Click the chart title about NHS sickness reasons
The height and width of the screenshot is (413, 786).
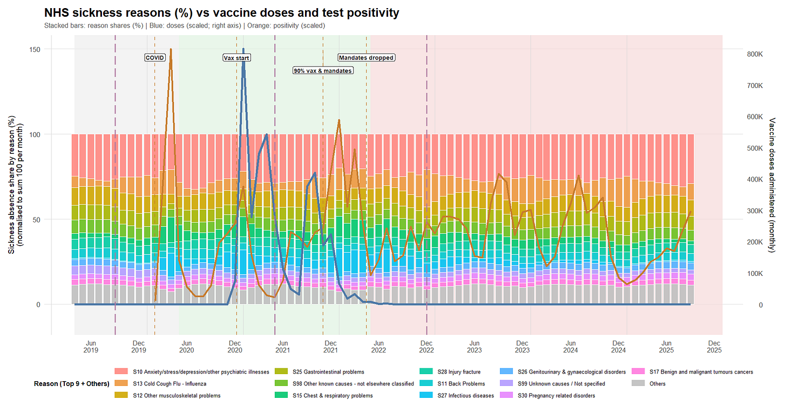point(221,12)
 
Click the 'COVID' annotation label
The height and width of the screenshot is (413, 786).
point(154,58)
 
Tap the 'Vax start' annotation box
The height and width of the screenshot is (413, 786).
point(237,58)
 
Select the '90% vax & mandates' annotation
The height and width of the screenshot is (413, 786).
point(323,71)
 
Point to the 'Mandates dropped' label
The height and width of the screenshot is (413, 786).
point(367,58)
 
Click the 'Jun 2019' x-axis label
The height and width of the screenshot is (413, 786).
point(91,347)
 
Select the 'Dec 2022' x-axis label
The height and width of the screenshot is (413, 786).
point(426,347)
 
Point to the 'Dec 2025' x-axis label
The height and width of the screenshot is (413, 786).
point(714,347)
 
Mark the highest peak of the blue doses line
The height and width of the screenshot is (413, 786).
point(243,49)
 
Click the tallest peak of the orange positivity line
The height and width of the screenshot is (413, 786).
point(171,49)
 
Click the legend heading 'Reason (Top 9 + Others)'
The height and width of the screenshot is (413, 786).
point(72,384)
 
